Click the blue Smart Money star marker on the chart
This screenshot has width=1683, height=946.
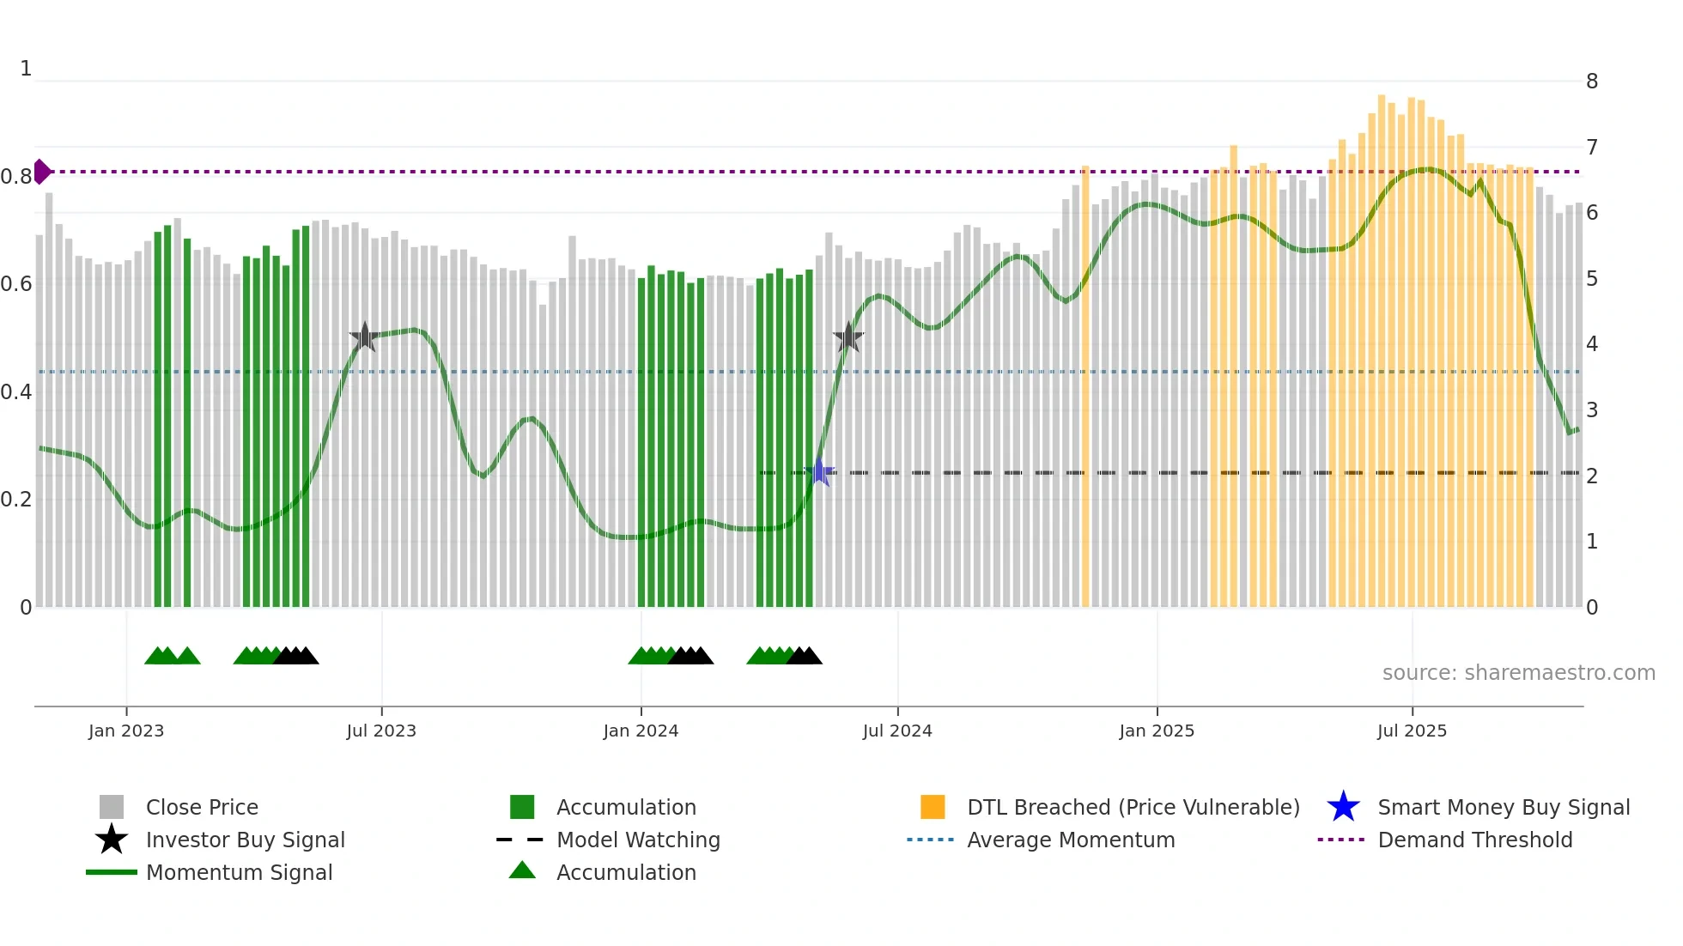point(820,472)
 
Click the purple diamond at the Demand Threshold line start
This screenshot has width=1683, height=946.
point(41,172)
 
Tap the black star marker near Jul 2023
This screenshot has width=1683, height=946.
point(365,337)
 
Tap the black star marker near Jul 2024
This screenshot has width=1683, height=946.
point(848,337)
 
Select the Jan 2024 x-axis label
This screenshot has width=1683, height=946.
point(641,731)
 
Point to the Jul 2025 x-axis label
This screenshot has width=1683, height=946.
point(1412,731)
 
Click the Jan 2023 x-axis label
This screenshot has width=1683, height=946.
point(126,731)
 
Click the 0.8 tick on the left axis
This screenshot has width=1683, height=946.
point(15,177)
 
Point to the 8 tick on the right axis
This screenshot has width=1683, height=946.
point(1592,82)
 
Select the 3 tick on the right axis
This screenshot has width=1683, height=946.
point(1592,410)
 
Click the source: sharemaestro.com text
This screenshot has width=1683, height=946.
point(1518,673)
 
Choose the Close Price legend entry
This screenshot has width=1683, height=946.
point(202,807)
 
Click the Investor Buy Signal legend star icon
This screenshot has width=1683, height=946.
point(112,840)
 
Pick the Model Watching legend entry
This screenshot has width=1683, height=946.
point(638,840)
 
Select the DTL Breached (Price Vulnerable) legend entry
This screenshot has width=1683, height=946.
point(1133,807)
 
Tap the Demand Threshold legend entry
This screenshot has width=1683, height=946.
point(1474,840)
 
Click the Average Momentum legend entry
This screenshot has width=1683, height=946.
point(1071,840)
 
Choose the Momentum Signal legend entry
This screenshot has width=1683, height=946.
point(239,872)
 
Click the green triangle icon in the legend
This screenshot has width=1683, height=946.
point(522,870)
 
